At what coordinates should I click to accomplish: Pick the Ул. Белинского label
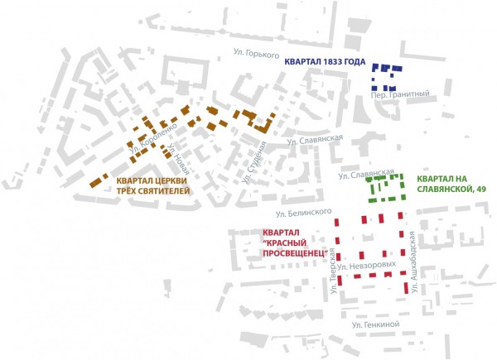pos(295,214)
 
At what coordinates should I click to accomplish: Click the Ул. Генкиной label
pos(376,325)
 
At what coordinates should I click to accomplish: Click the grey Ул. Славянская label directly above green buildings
pos(364,175)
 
